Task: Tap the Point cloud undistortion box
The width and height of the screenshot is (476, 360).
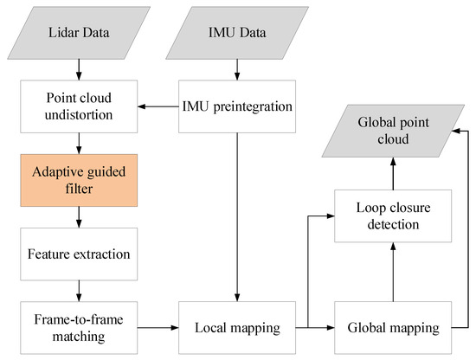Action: tap(79, 106)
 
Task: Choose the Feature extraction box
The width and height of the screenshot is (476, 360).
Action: tap(79, 255)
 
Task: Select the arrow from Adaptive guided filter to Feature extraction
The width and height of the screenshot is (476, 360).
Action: tap(79, 217)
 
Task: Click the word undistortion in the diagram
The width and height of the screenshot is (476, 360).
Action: tap(79, 114)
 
